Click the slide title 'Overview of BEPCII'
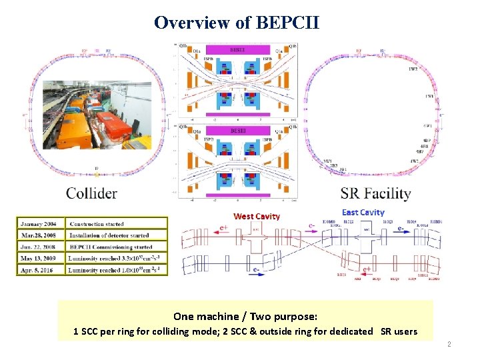237,23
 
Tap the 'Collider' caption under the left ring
91,193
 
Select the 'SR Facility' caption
375,194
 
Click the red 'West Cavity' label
257,216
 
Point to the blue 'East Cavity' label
363,212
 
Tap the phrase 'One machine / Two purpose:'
245,316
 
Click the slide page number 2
449,344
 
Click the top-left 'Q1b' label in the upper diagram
183,46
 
